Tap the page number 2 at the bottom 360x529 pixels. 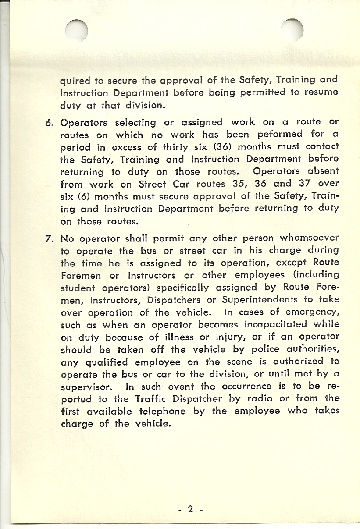point(190,509)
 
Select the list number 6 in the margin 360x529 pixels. point(50,122)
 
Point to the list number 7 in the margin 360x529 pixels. point(50,239)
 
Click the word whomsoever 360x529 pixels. point(309,238)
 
